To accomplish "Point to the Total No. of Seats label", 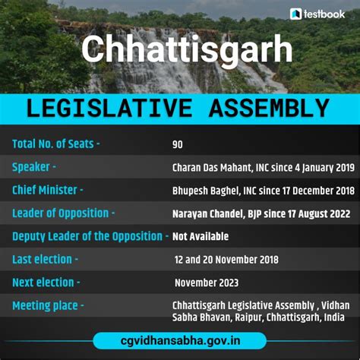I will pos(56,144).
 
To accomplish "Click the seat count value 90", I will pos(178,144).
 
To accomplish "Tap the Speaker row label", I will pos(34,166).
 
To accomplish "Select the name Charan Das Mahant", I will pos(209,167).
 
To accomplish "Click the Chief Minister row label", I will pos(48,190).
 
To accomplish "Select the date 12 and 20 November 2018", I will pos(226,260).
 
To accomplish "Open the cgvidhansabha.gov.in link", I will pos(180,340).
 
